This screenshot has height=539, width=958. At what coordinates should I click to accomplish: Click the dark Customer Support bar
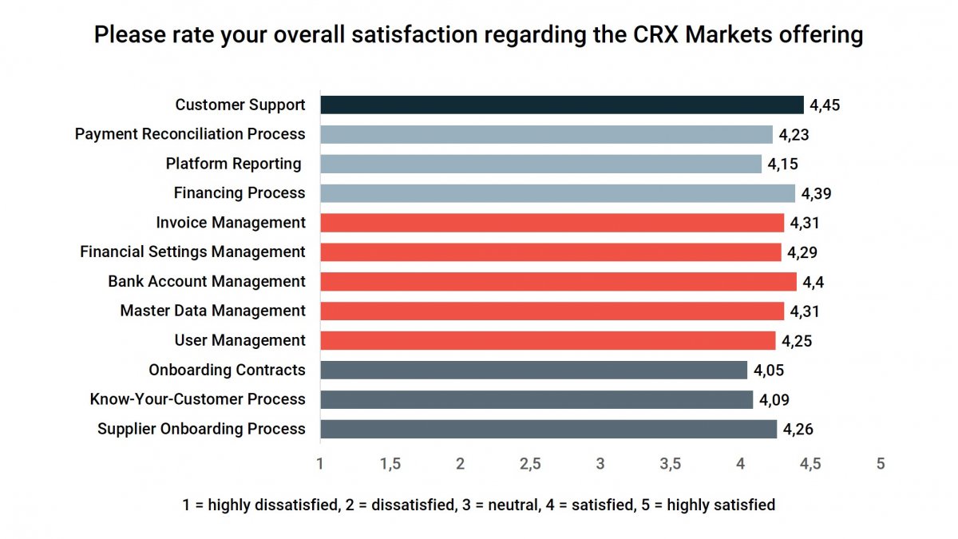(562, 105)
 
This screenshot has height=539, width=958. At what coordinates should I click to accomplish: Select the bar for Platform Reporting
(541, 164)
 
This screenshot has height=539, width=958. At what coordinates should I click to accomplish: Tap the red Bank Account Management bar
(559, 281)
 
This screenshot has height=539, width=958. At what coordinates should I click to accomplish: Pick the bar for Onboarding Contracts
(534, 370)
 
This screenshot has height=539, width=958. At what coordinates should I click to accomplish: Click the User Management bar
(548, 340)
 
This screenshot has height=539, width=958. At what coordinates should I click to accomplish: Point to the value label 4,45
(825, 105)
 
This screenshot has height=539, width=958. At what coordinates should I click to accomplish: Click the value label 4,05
(769, 370)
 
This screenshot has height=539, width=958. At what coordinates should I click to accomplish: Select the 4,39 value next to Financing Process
(817, 193)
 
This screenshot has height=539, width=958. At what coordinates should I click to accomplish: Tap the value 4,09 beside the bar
(774, 399)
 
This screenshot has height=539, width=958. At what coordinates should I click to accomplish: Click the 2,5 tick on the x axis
(530, 464)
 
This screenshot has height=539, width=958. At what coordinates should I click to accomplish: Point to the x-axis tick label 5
(881, 464)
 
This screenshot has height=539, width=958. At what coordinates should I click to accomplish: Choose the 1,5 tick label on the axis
(390, 464)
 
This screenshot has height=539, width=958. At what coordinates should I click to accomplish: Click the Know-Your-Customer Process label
(197, 399)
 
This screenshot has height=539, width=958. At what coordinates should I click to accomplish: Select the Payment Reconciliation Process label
(190, 134)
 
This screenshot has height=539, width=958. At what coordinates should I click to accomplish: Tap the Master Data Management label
(212, 311)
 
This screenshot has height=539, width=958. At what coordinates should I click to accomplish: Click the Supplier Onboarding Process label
(201, 429)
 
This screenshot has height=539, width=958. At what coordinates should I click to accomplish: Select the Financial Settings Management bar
(551, 252)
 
